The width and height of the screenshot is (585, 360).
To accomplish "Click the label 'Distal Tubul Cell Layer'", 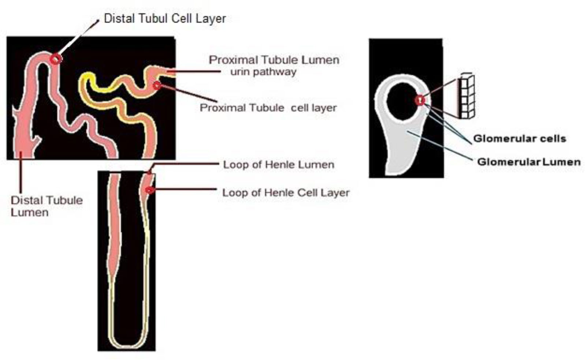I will (x=165, y=19).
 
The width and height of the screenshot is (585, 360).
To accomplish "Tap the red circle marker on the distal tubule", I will (x=56, y=59).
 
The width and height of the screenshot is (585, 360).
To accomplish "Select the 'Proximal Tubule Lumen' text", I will (x=274, y=60).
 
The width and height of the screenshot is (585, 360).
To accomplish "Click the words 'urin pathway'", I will (x=263, y=72).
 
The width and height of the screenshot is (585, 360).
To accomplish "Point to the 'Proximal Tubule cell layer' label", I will (x=268, y=108).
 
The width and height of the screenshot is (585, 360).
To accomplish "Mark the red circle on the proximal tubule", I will (x=157, y=86).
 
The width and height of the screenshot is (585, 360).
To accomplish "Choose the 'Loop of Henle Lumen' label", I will (x=279, y=165).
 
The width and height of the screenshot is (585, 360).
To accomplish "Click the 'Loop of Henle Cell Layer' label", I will (x=286, y=192).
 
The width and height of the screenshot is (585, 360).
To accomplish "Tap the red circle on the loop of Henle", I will (x=149, y=190).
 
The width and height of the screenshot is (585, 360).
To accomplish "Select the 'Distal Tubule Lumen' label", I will (x=46, y=206).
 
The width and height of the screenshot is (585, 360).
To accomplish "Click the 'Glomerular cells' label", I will (x=519, y=139).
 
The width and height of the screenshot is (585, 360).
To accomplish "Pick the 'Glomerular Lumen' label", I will (x=529, y=162).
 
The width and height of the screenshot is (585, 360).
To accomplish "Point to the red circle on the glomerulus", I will (x=420, y=100).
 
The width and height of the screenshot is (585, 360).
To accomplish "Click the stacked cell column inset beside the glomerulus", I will (x=466, y=97).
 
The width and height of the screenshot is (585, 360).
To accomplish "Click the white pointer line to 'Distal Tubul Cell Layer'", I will (x=77, y=38).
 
